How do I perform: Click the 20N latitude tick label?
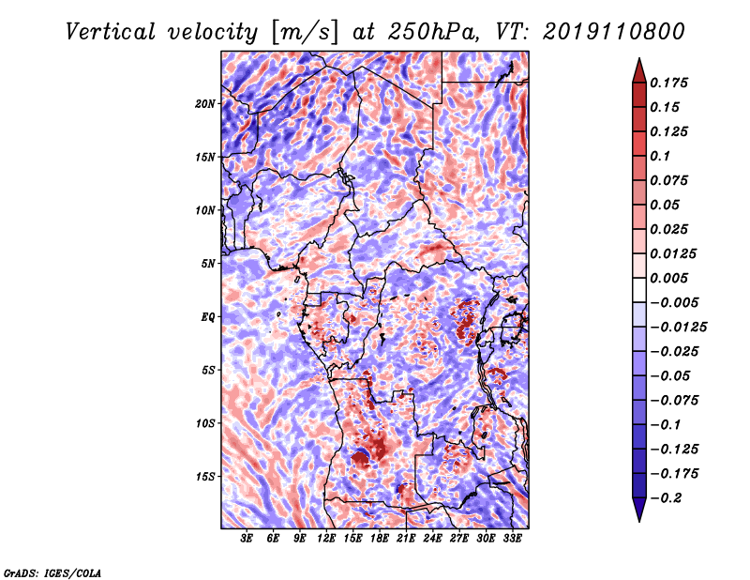point(204,103)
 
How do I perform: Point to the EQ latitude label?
point(207,316)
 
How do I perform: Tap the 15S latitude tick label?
point(204,477)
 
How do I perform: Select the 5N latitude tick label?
point(207,264)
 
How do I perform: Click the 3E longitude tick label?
point(247,538)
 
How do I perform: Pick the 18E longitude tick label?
point(380,538)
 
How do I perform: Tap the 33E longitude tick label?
point(512,538)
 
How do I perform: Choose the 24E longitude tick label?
point(432,538)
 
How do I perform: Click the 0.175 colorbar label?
point(668,83)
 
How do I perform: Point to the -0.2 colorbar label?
point(666,498)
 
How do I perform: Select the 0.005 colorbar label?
point(668,278)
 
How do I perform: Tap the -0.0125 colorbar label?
point(678,328)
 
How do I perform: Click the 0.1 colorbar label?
point(660,156)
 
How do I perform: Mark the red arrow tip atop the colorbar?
point(639,58)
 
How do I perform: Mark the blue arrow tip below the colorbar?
point(639,521)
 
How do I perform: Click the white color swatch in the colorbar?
point(639,290)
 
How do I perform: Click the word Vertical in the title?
point(111,32)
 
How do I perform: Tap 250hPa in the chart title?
point(433,32)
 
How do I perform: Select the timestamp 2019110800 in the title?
point(614,32)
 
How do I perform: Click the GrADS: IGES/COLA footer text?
point(52,572)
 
